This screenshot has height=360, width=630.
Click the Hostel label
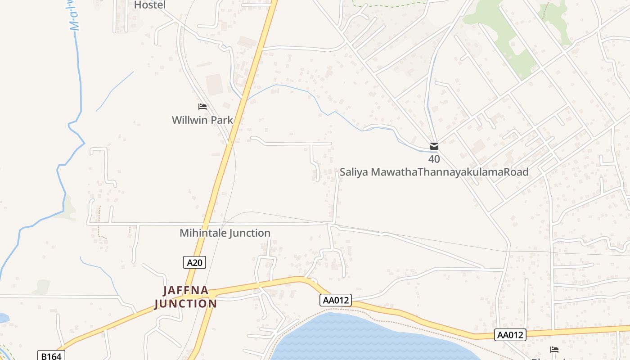(150, 5)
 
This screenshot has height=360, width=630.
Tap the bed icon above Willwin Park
(202, 107)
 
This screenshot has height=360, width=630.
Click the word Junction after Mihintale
(250, 233)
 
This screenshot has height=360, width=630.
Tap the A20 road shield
(194, 262)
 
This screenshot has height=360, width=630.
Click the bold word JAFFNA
(186, 291)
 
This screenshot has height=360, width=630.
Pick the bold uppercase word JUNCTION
(186, 304)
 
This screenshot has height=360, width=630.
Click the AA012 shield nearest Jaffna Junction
(335, 300)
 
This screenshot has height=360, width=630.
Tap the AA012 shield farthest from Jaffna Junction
(510, 335)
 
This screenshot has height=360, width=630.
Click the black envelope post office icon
(434, 146)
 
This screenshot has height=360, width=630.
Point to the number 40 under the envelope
(434, 159)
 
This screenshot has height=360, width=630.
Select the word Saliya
(354, 172)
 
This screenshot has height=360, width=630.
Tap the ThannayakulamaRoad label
(473, 172)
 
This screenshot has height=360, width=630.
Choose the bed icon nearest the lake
(554, 350)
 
